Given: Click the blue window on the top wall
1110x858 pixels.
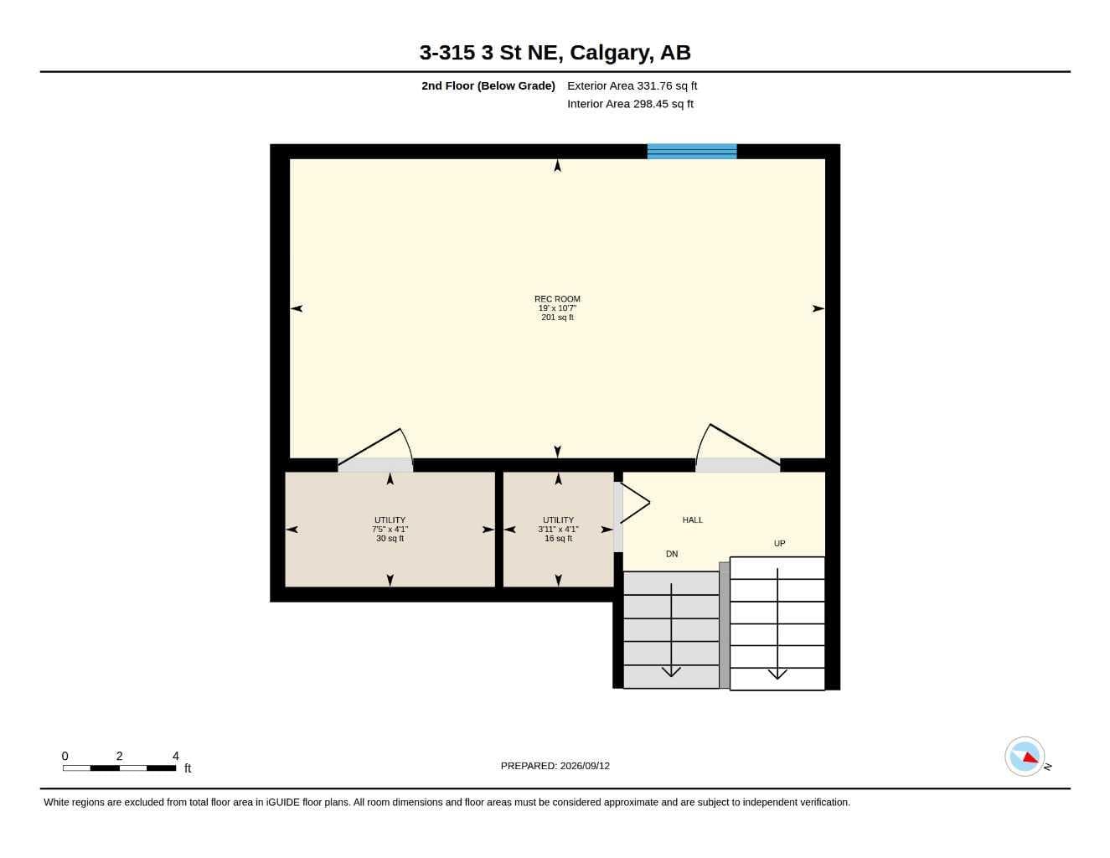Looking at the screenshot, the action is coord(692,152).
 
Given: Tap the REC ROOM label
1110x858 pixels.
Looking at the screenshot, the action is coord(557,299).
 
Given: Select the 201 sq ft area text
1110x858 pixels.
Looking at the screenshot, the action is coord(557,318).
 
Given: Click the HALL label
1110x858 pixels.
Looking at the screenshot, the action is coord(692,519).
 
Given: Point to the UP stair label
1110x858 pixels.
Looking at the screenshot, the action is coord(779,544).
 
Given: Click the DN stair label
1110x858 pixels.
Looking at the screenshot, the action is coord(672,554).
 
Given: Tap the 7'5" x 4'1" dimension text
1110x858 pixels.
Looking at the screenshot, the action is coord(390,530).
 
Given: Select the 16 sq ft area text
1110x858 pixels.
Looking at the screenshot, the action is coord(558,538).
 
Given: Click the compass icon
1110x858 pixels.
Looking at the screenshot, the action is coord(1025,757).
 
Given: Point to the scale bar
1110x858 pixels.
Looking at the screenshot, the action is coord(120,768).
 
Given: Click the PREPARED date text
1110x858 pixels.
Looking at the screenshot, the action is coord(555,766).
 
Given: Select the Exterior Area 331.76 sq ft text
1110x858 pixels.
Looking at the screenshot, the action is coord(632,85).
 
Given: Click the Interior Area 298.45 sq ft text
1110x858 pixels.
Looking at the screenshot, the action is coord(630,104).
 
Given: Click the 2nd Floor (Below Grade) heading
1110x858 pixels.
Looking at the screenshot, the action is coord(488,85).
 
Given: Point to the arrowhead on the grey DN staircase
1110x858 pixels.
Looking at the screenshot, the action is coord(671,672).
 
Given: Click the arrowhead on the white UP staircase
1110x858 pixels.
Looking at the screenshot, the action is coord(777,675).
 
